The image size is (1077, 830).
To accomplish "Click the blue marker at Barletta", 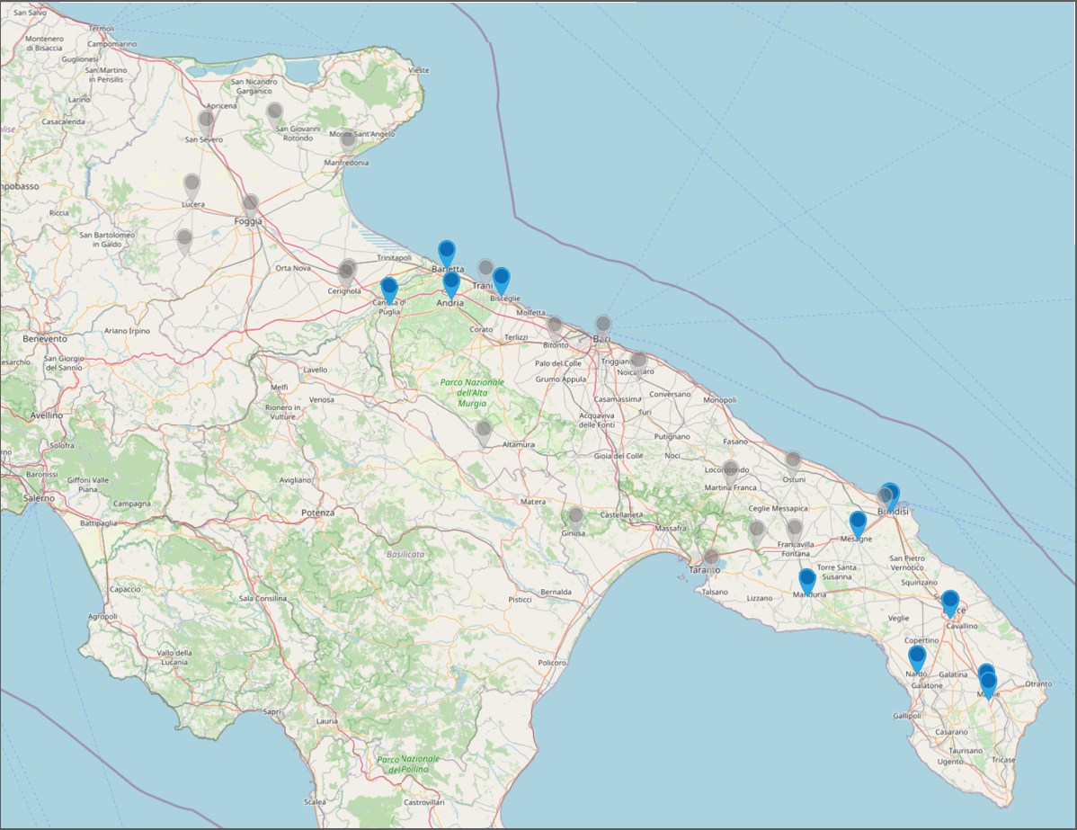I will [446, 253].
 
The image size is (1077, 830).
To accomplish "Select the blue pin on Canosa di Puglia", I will [389, 289].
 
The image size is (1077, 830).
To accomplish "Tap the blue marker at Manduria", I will [807, 580].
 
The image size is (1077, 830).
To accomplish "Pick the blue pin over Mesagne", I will [858, 522].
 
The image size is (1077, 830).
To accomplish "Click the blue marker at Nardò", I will [916, 656].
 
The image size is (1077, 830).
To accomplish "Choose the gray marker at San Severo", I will [206, 120].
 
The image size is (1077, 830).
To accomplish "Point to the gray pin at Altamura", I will [484, 431].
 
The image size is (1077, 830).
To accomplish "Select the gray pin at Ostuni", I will [793, 461].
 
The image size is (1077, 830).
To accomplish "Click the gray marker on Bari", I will [603, 325].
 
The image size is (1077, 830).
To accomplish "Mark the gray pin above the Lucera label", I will [191, 185].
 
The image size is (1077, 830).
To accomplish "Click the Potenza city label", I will [318, 513].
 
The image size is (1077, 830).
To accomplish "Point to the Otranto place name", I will [1037, 684].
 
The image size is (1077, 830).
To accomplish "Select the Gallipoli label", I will [907, 716].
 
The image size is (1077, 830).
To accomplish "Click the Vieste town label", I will [419, 70].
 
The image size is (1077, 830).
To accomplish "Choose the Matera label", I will [533, 501].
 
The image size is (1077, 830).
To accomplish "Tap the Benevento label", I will [45, 339].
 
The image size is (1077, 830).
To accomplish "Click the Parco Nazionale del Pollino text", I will [409, 764].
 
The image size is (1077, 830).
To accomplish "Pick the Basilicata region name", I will [405, 555].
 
